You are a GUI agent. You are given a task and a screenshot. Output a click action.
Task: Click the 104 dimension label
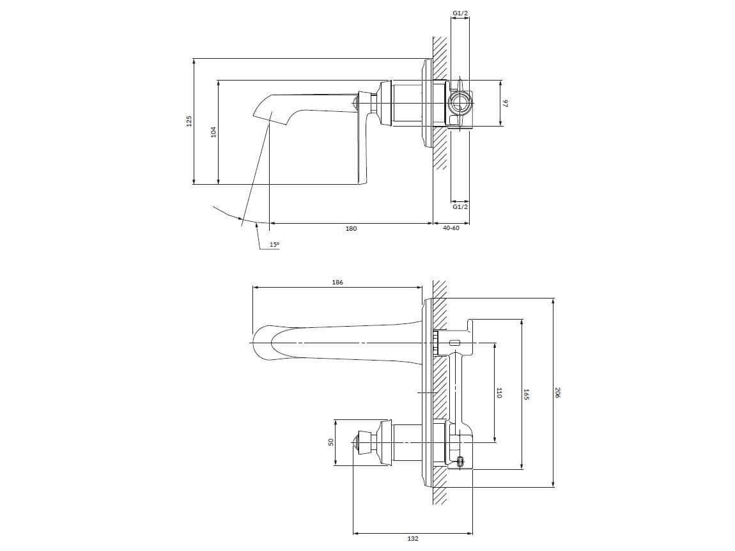click(214, 132)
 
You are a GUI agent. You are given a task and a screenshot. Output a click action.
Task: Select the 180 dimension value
click(351, 228)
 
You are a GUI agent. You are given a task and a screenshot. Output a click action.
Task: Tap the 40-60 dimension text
click(451, 228)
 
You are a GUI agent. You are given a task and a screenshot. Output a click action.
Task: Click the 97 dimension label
click(504, 103)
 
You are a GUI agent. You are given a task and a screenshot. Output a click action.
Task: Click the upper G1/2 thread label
click(460, 13)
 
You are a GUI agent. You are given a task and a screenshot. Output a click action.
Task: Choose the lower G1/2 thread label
click(460, 206)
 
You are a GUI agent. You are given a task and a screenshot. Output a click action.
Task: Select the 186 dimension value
click(337, 282)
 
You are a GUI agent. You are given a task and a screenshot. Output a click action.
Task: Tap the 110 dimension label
click(499, 392)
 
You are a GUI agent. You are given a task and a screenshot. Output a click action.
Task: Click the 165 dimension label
click(526, 394)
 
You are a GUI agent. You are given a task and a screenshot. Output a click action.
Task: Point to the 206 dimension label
click(557, 392)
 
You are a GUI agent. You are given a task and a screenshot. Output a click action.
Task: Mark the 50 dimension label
click(331, 442)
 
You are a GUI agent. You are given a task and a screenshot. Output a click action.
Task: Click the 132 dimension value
click(413, 539)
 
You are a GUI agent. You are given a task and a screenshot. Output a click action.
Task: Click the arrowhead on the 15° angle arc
click(242, 221)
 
